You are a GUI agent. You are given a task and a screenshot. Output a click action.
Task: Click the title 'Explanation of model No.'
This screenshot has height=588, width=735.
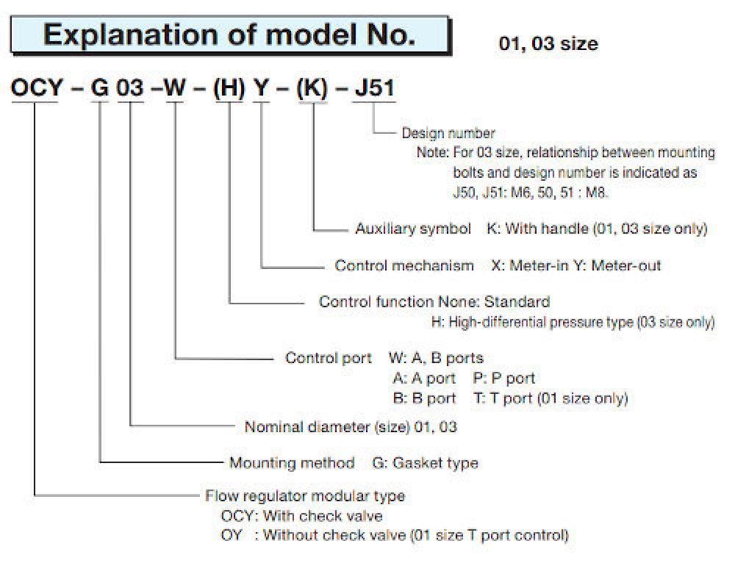[229, 35]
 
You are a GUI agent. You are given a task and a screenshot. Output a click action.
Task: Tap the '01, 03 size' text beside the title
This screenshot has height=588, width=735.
[548, 43]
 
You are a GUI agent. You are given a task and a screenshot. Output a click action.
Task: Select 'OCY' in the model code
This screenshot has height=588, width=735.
[37, 87]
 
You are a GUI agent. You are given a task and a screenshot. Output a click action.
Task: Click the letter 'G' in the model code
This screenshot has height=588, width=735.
[99, 87]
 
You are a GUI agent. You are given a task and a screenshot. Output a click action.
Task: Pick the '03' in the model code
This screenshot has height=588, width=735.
[130, 87]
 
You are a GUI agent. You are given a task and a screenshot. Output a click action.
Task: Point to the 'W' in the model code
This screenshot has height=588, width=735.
[175, 87]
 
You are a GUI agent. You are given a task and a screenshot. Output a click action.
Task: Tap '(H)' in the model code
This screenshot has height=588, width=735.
[229, 88]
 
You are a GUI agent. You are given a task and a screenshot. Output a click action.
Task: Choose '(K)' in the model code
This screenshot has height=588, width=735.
[312, 88]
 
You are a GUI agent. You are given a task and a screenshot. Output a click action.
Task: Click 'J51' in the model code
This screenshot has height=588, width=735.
[375, 87]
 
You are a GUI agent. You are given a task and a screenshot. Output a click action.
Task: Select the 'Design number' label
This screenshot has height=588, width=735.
[448, 133]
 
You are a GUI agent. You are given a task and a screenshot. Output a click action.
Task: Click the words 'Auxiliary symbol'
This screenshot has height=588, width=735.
[413, 229]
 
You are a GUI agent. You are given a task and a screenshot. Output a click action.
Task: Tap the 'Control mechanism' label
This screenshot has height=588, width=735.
[404, 265]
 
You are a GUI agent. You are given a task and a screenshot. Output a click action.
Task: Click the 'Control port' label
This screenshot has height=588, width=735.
[328, 358]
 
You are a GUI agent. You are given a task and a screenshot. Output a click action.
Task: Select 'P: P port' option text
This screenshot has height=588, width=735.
[504, 378]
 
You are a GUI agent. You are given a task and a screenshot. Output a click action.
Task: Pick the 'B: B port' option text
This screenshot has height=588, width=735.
[424, 398]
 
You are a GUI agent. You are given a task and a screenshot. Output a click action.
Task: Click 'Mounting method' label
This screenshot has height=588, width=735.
[292, 463]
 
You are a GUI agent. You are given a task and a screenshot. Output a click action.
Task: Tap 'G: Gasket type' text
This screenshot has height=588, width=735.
[425, 463]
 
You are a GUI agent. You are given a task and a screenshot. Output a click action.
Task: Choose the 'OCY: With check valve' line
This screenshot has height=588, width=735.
[301, 516]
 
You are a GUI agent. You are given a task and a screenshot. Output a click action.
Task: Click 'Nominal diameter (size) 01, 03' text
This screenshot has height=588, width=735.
[351, 427]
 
